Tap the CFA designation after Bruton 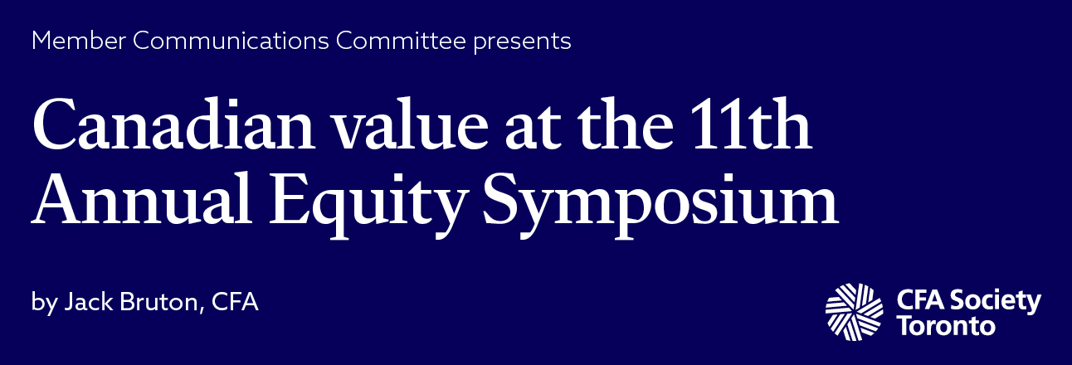click(x=236, y=302)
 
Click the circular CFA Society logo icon click(x=855, y=311)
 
